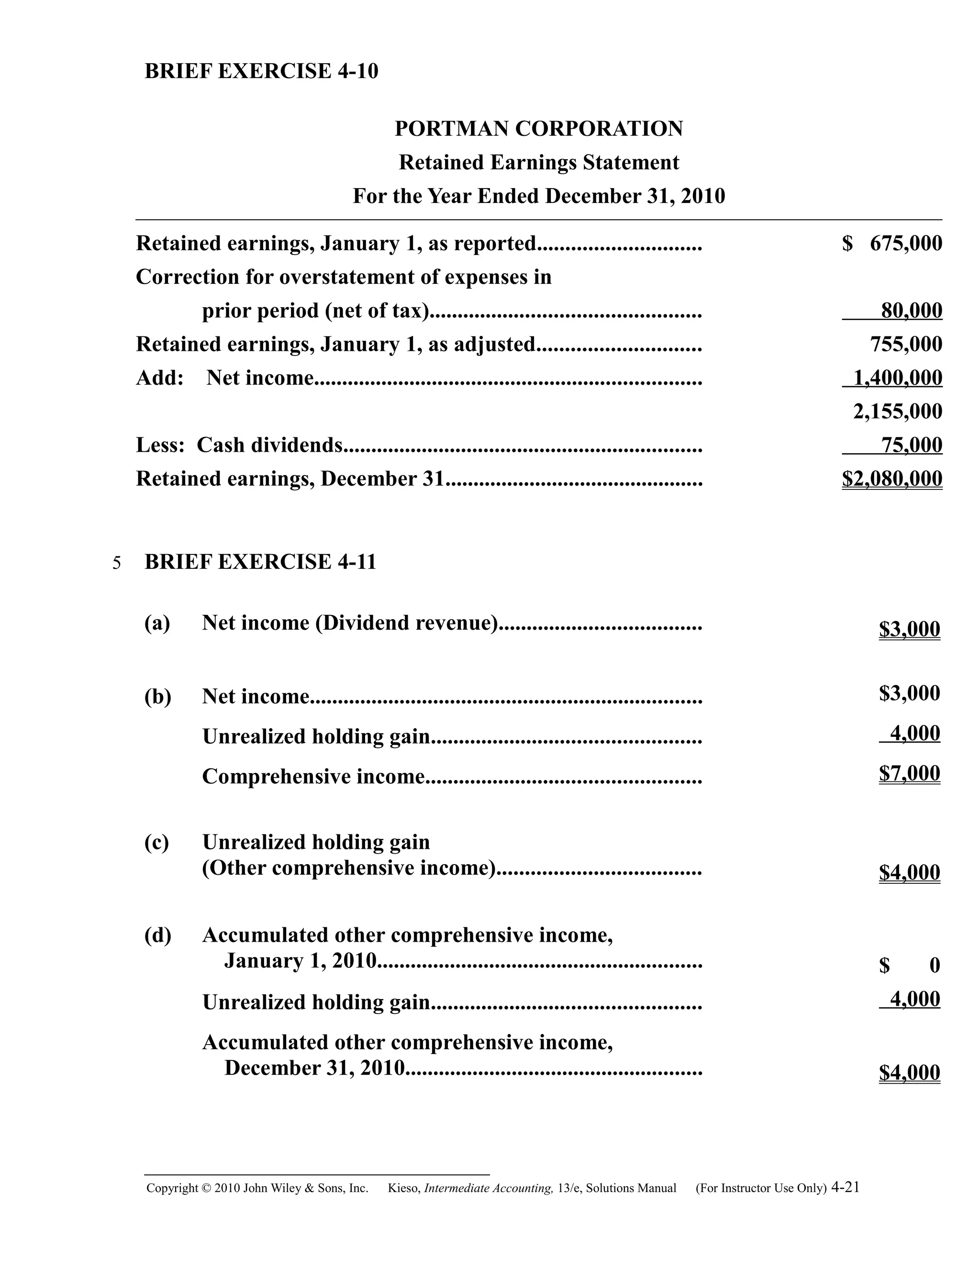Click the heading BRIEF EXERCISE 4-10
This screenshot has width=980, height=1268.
click(x=261, y=71)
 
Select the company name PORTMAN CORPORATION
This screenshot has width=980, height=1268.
click(x=539, y=128)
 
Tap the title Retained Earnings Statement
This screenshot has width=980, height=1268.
click(x=539, y=162)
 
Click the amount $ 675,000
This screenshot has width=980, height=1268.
click(x=892, y=243)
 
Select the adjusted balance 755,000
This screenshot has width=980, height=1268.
click(x=906, y=345)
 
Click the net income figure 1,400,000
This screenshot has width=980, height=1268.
click(x=898, y=378)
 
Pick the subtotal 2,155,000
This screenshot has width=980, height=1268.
click(x=898, y=412)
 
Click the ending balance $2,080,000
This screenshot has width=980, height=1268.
click(x=892, y=479)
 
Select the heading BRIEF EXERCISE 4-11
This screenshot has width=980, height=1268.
click(x=260, y=562)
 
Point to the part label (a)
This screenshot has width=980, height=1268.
click(x=157, y=623)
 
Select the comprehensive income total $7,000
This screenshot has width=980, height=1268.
click(x=909, y=773)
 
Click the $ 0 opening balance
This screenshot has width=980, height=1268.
click(x=909, y=966)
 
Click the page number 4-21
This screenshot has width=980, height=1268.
click(x=846, y=1187)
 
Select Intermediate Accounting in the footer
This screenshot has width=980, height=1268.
click(x=488, y=1189)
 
